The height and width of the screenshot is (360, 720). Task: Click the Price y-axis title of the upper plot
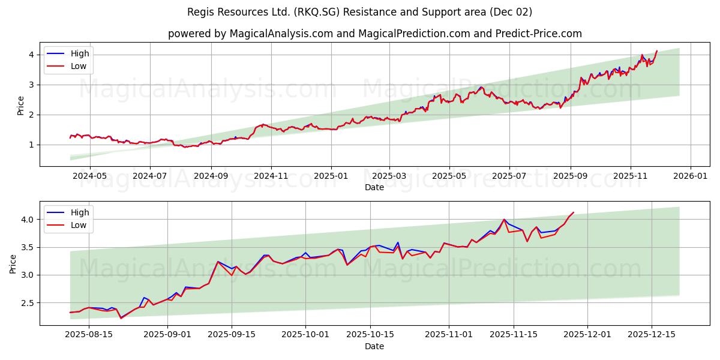click(x=21, y=106)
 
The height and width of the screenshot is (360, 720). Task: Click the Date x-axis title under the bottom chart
click(x=374, y=346)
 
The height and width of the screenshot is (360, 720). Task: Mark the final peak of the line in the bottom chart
click(x=573, y=212)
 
